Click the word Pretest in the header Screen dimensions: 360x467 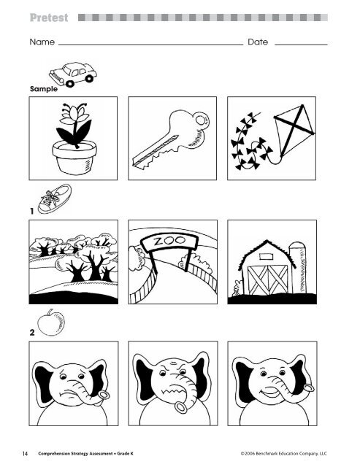(x=49, y=18)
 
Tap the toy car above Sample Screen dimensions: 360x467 (x=73, y=74)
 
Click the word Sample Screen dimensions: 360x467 (x=44, y=89)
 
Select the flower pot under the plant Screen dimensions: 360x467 (x=74, y=158)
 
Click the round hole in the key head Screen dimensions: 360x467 (x=201, y=120)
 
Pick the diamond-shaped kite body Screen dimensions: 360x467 (x=294, y=130)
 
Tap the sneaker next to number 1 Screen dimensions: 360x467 (x=55, y=198)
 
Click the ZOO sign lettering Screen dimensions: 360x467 (x=169, y=241)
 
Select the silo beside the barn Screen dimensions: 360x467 (x=298, y=268)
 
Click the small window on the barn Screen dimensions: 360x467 (x=267, y=257)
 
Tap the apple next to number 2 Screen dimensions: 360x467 (x=51, y=323)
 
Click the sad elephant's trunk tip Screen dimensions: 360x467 (x=104, y=395)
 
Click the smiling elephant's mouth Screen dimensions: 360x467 (x=270, y=392)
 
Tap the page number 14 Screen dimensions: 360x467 (x=25, y=454)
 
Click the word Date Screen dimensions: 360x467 (x=258, y=42)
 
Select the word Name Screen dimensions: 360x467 (x=42, y=42)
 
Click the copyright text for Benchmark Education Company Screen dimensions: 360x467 (x=284, y=454)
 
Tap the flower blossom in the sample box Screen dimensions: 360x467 (x=74, y=113)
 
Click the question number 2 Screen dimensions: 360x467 (x=32, y=333)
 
